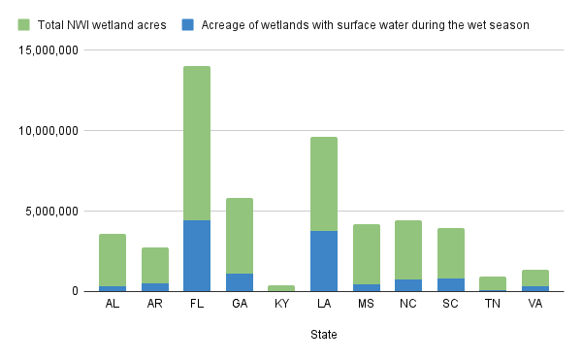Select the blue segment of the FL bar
[x=197, y=255]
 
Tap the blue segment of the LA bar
[x=324, y=260]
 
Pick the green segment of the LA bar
[x=324, y=183]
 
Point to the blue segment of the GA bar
[x=240, y=281]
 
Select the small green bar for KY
[x=281, y=287]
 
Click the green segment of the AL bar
[x=113, y=259]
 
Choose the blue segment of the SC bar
[x=451, y=284]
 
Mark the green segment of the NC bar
[x=408, y=249]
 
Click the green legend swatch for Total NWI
[x=24, y=24]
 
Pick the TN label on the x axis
[x=493, y=304]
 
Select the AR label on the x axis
[x=155, y=304]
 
